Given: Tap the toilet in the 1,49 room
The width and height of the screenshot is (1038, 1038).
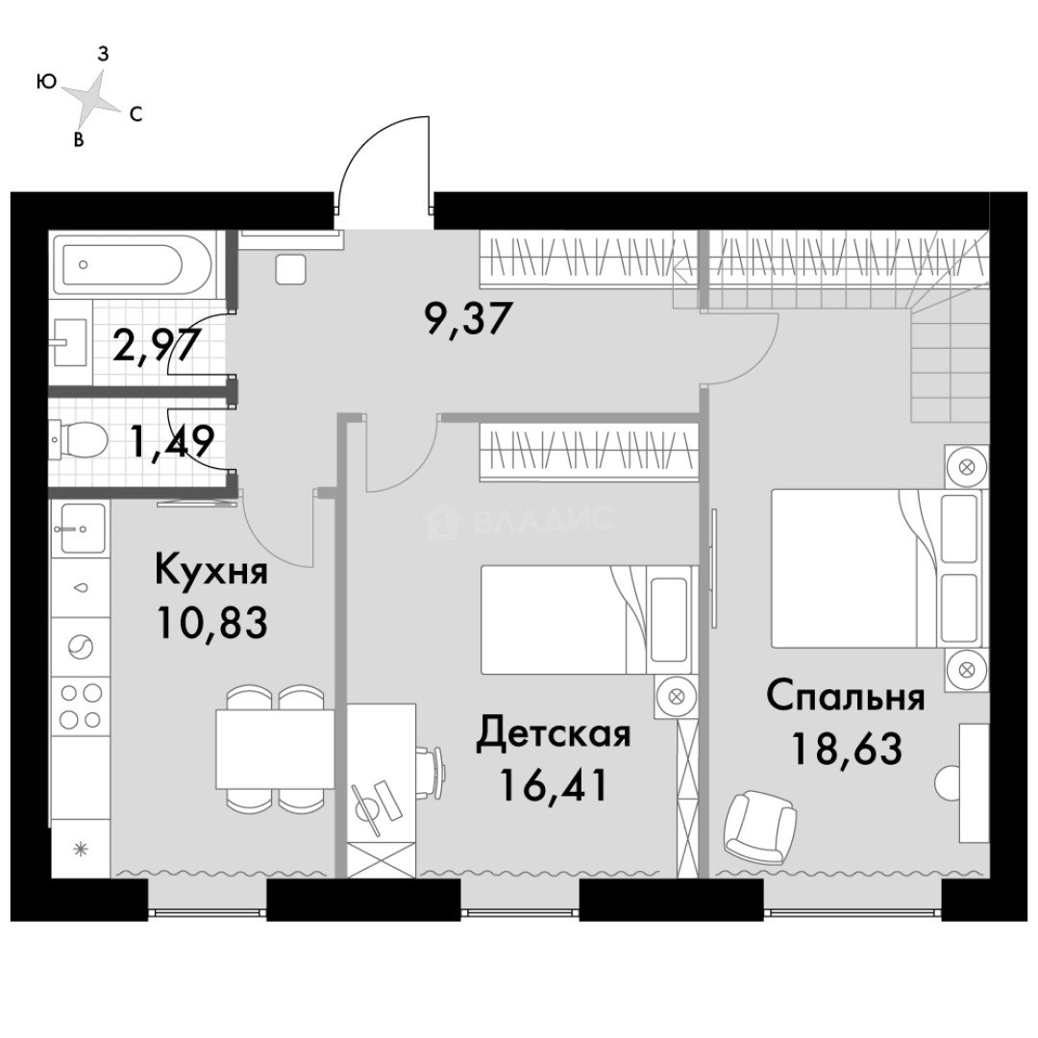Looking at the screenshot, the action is click(x=80, y=438).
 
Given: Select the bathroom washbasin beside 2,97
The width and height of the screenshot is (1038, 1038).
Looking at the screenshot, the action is click(x=69, y=342).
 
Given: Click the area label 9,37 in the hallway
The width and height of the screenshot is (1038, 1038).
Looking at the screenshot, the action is click(x=469, y=319).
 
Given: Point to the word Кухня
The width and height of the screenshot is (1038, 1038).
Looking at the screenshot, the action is click(x=211, y=570).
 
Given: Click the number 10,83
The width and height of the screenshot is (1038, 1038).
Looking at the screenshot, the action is click(x=211, y=622).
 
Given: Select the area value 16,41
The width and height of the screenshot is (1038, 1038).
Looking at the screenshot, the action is click(x=554, y=785).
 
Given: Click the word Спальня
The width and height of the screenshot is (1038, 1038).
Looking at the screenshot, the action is click(x=846, y=697).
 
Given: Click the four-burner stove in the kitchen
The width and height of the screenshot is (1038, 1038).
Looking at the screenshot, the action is click(x=81, y=705).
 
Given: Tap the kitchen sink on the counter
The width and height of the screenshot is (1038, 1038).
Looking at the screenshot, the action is click(x=83, y=529).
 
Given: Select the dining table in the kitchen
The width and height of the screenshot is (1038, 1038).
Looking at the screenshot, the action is click(x=275, y=749).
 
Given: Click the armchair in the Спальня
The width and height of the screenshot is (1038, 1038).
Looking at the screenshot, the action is click(x=760, y=827).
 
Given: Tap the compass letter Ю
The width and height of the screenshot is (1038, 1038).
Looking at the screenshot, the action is click(x=46, y=82).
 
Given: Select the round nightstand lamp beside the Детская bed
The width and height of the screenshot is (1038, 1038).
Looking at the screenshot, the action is click(x=676, y=697).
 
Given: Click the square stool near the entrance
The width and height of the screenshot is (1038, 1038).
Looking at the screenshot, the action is click(x=290, y=269).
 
